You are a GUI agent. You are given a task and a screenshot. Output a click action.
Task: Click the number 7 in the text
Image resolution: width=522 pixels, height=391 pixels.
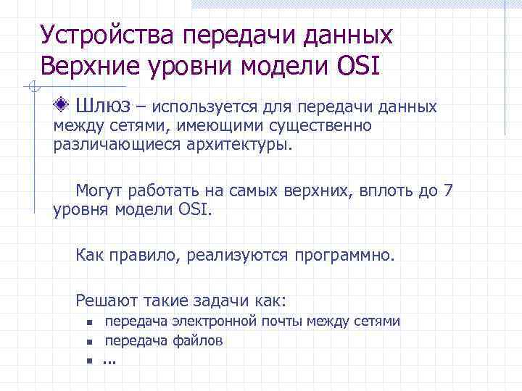pyautogui.click(x=448, y=192)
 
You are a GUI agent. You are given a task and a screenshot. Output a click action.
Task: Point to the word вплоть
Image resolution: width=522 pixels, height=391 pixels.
pyautogui.click(x=373, y=192)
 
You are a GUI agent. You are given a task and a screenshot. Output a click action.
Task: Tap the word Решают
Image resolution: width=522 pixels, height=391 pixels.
pyautogui.click(x=103, y=300)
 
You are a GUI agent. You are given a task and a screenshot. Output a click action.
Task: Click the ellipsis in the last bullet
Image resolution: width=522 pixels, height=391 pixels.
pyautogui.click(x=109, y=361)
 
